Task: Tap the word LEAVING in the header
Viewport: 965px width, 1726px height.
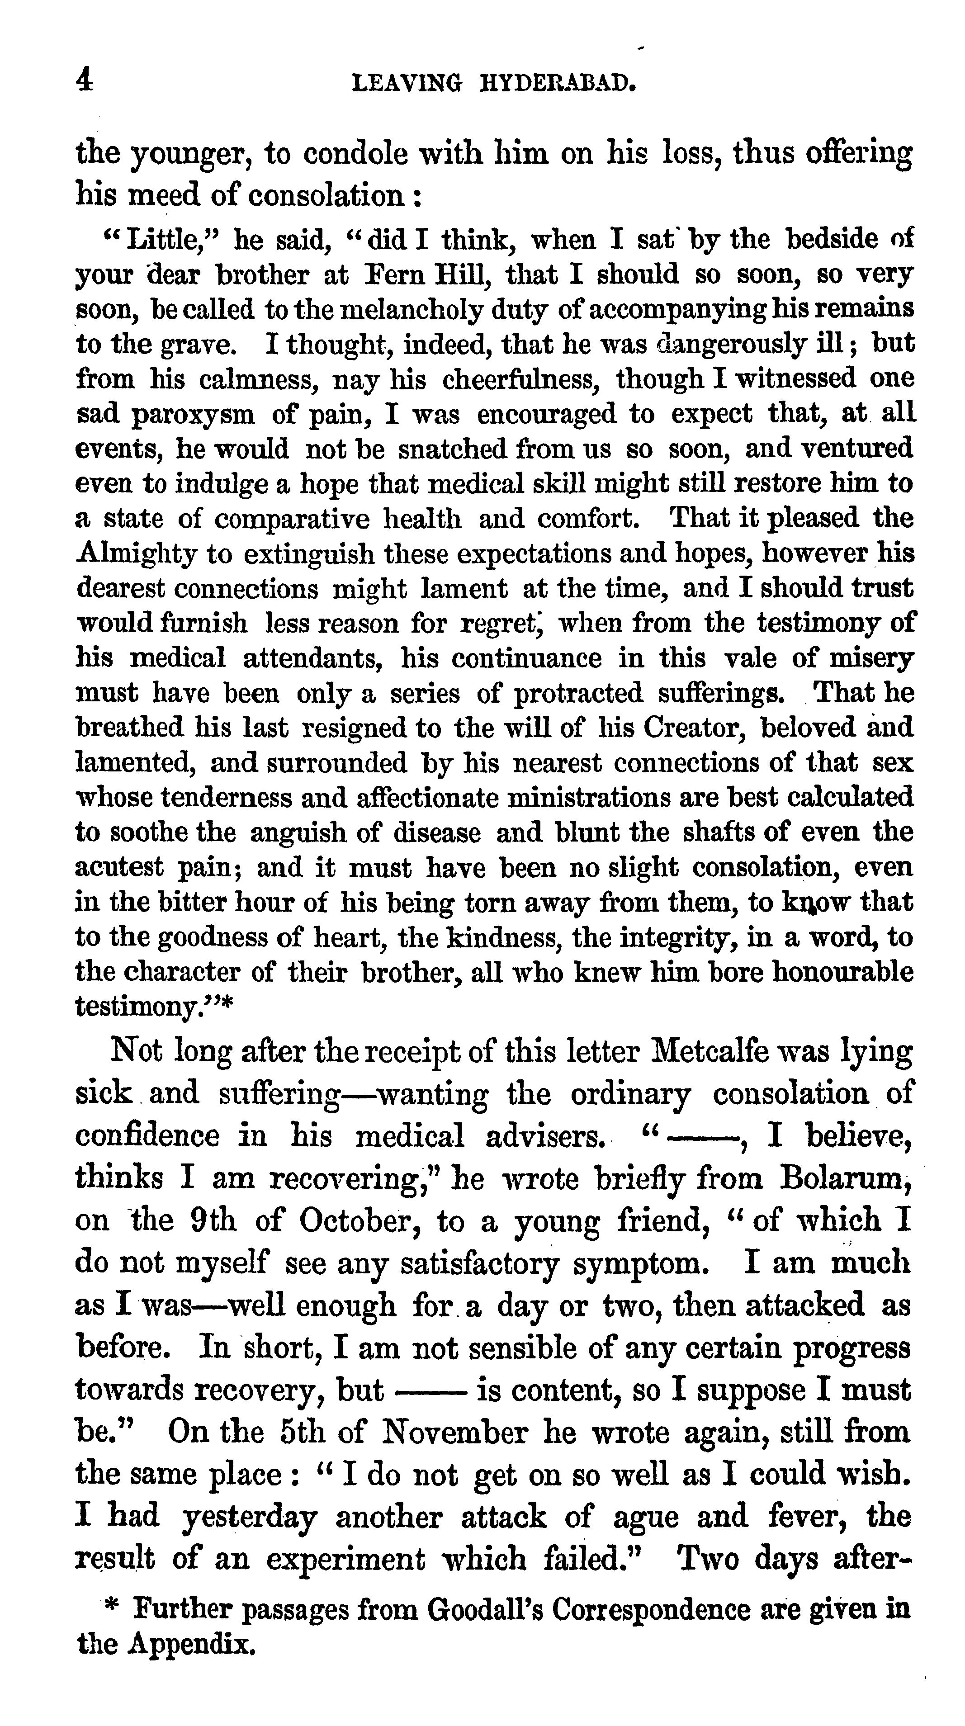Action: tap(407, 83)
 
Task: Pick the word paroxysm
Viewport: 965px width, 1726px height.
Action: tap(193, 415)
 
